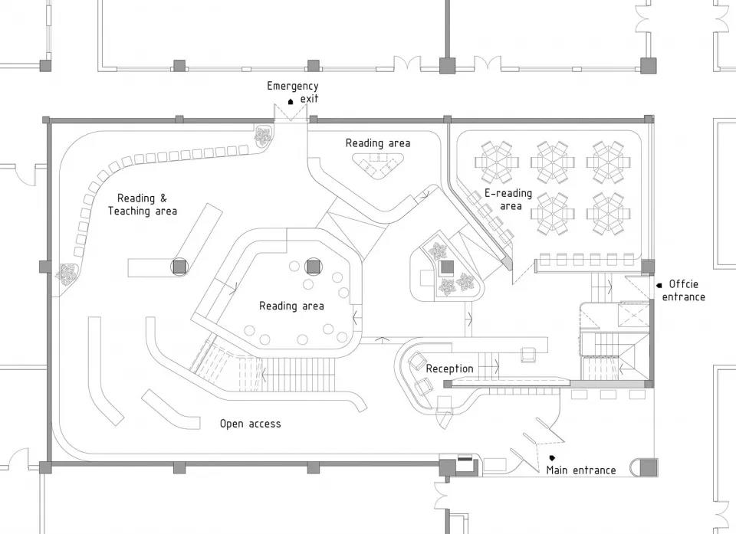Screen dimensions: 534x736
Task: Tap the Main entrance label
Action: point(580,470)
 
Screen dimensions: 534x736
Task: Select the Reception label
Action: point(449,369)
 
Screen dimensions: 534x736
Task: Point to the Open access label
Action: point(250,424)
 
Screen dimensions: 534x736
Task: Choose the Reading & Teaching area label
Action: point(143,205)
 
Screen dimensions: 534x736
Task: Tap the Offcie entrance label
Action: point(684,290)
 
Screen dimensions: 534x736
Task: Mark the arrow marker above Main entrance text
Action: point(552,458)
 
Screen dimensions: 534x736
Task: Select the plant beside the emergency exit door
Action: point(264,137)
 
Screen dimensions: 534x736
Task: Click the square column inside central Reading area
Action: point(313,267)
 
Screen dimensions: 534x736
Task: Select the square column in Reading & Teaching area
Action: point(179,266)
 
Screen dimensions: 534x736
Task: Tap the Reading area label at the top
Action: point(377,143)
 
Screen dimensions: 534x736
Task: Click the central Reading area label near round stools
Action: point(291,306)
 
